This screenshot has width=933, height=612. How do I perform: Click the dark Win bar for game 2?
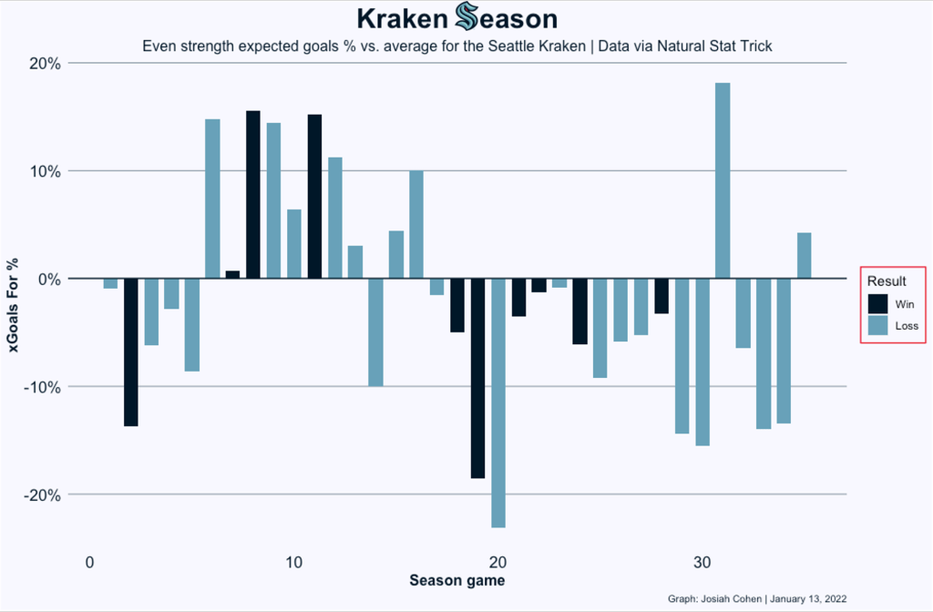(x=131, y=352)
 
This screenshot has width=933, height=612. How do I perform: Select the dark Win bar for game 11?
(x=314, y=196)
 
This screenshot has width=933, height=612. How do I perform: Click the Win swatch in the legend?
(x=877, y=303)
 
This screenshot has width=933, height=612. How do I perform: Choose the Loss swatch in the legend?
(x=877, y=325)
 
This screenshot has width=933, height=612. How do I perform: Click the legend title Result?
(x=885, y=280)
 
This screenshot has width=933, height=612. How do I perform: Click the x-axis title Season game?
(x=456, y=580)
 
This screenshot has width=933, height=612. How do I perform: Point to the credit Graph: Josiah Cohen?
(x=715, y=598)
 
